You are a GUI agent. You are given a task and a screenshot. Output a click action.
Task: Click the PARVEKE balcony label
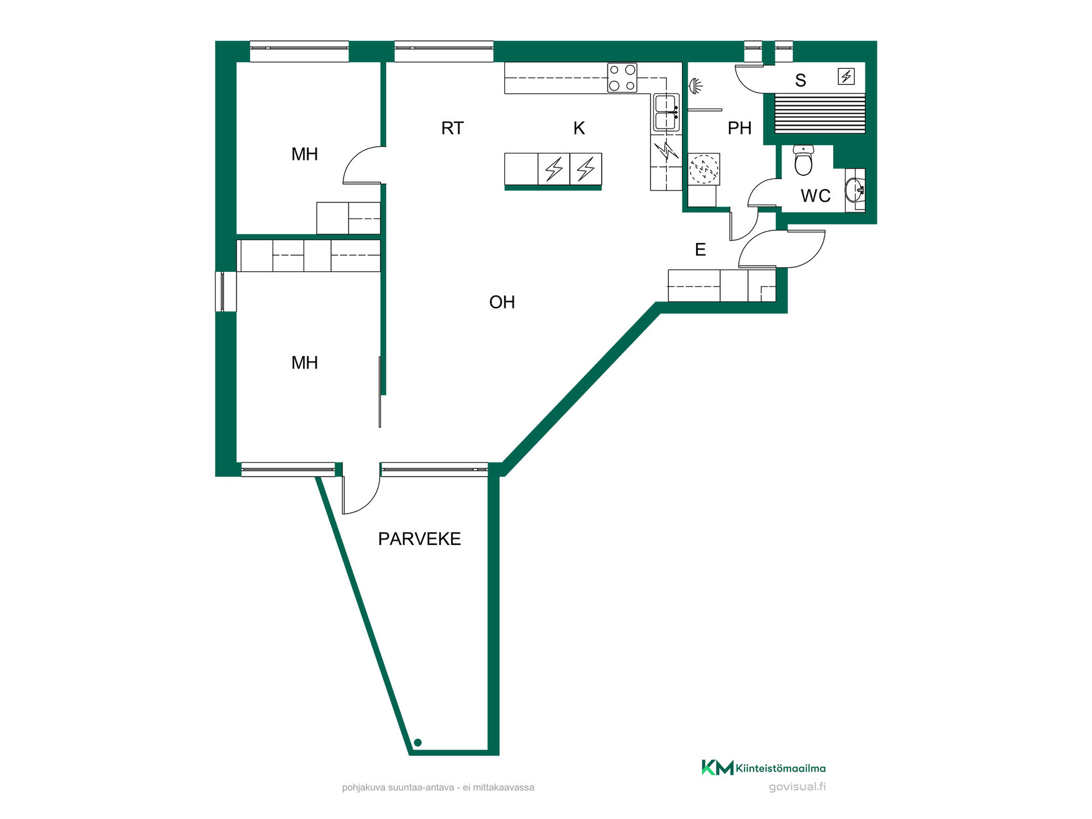click(419, 539)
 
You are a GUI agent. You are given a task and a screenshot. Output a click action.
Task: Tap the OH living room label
click(502, 302)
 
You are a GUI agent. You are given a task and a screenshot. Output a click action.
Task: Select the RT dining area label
click(453, 128)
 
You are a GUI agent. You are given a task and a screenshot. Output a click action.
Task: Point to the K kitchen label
click(579, 128)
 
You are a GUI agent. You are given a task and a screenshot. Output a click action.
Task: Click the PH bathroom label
click(739, 128)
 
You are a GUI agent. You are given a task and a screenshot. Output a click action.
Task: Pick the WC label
click(816, 196)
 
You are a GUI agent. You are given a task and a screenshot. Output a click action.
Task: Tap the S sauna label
click(801, 80)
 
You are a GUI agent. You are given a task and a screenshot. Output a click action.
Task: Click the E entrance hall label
click(700, 249)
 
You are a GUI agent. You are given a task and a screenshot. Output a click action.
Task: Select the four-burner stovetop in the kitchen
click(622, 77)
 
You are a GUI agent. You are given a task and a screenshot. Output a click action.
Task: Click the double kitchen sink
click(666, 113)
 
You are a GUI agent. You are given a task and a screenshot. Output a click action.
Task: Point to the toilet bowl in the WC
click(803, 160)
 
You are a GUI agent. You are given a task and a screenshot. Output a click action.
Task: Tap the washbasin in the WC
click(854, 190)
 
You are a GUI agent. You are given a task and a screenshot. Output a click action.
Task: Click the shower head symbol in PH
click(696, 86)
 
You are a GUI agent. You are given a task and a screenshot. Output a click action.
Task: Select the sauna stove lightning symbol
click(846, 76)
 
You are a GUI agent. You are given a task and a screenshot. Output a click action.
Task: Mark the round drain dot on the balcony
click(417, 742)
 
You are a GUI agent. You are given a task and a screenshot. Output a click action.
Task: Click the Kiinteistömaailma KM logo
click(763, 768)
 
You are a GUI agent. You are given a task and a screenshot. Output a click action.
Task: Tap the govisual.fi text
click(797, 787)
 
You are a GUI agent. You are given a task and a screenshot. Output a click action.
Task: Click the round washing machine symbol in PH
click(704, 169)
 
